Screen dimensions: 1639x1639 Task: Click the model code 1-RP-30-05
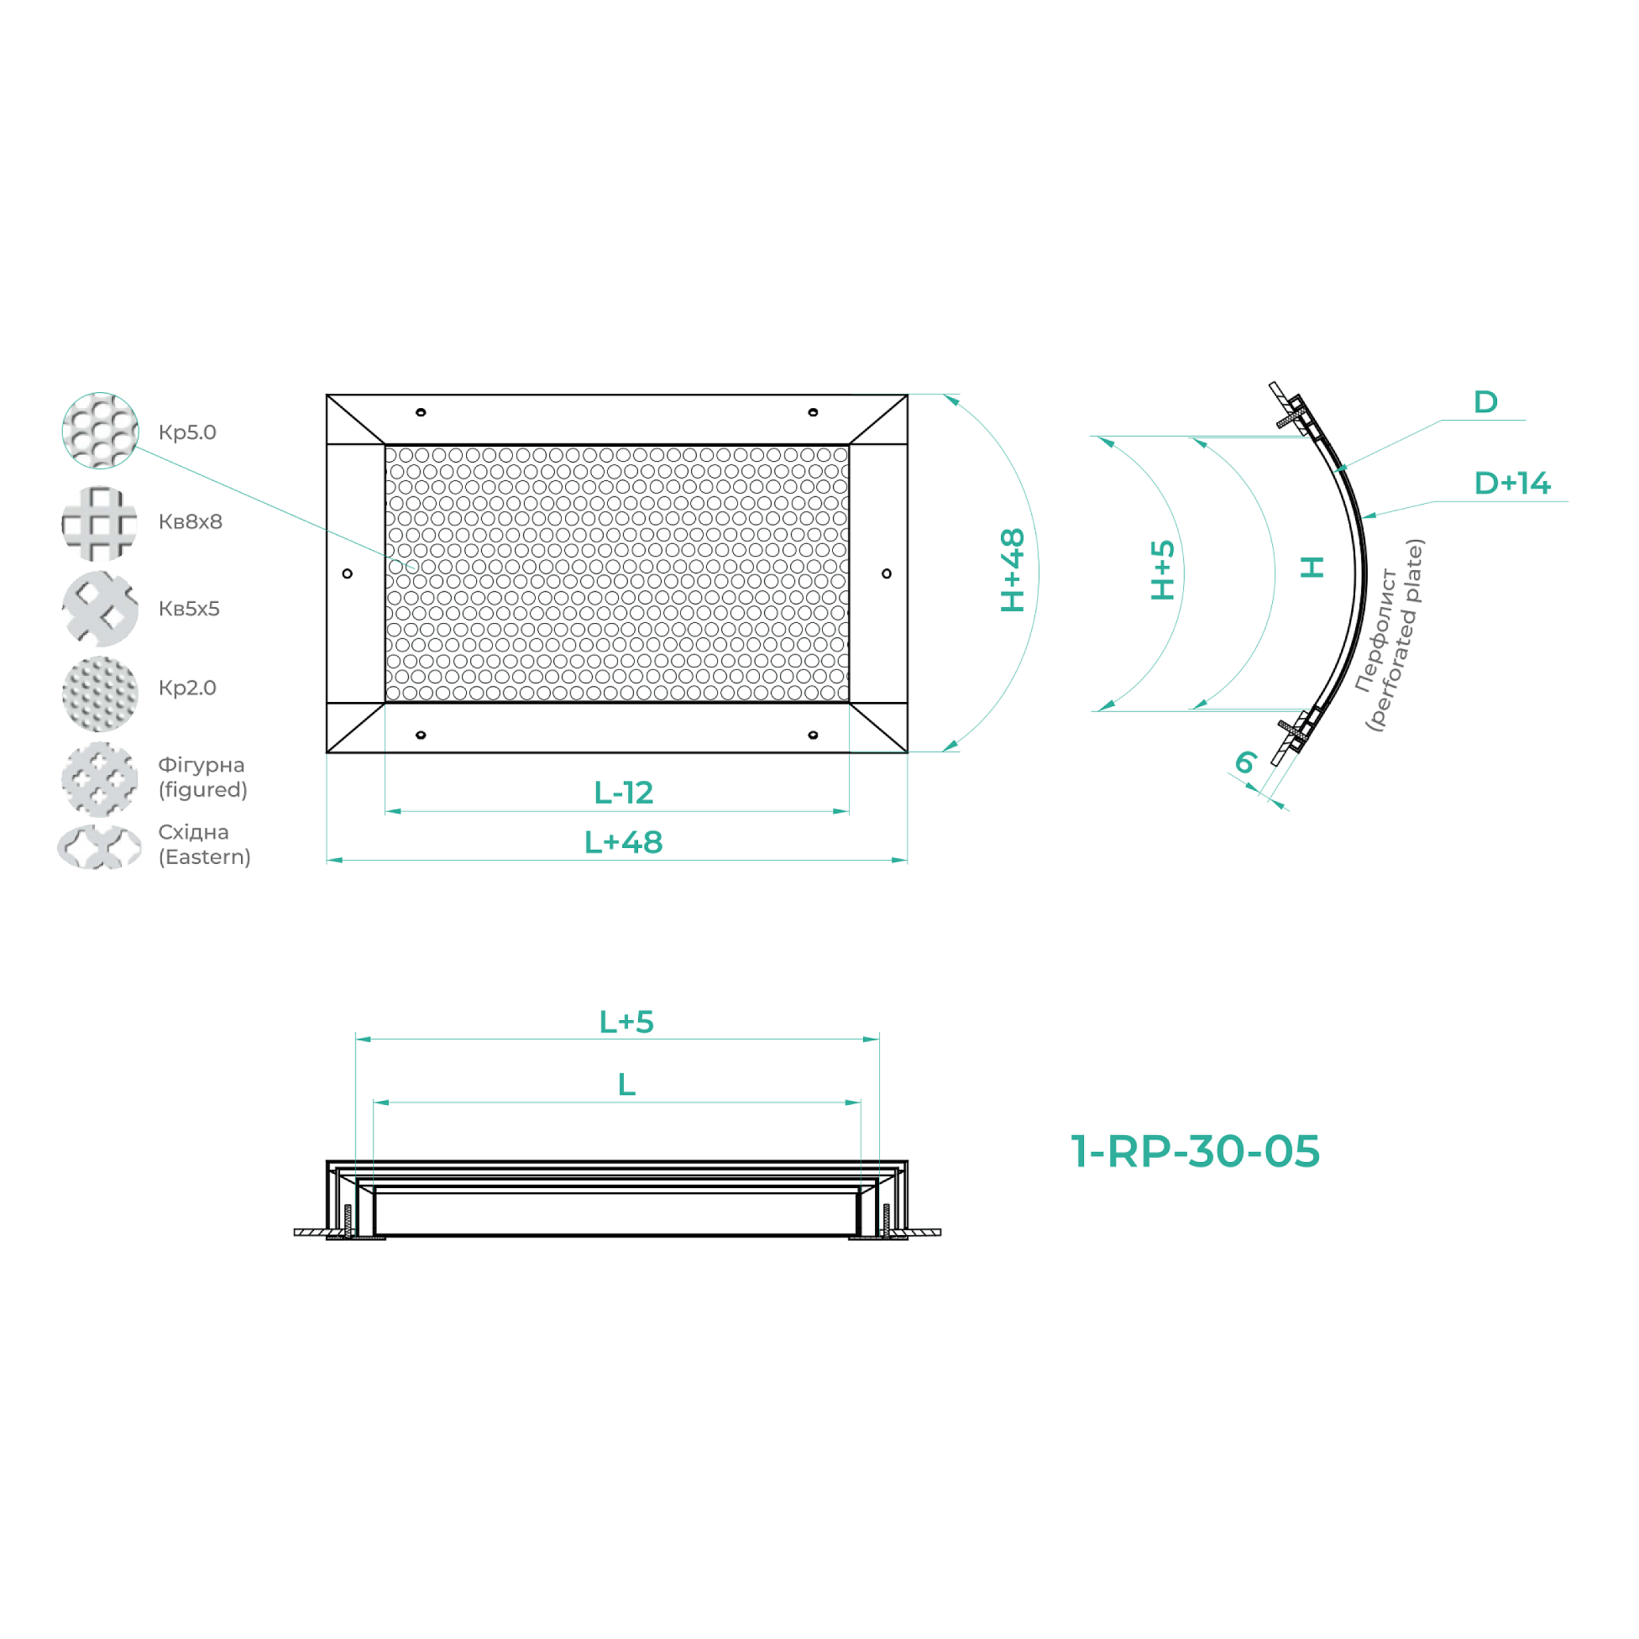tap(1196, 1151)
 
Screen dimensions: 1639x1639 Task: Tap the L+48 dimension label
tap(624, 842)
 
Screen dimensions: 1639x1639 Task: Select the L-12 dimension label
tap(624, 793)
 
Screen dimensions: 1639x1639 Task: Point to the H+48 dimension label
tap(1013, 570)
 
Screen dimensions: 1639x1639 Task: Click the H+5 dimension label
tap(1162, 570)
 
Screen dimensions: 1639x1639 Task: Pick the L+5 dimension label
tap(626, 1021)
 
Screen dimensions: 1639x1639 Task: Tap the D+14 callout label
tap(1511, 483)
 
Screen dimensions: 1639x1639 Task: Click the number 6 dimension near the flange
tap(1245, 762)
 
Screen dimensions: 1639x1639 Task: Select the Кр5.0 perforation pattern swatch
tap(100, 430)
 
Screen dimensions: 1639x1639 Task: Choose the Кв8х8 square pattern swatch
tap(100, 522)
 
